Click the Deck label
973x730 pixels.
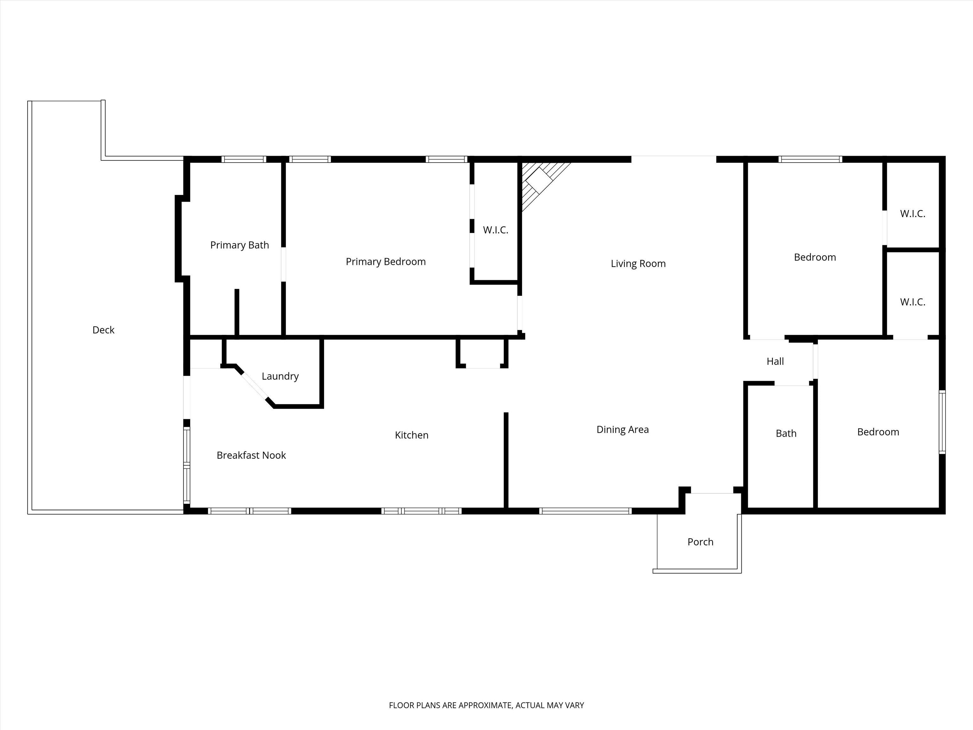[x=103, y=330]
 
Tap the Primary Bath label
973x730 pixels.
[x=239, y=245]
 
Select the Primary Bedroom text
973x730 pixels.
[x=385, y=262]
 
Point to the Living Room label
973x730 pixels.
[x=638, y=264]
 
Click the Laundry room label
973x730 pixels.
[x=280, y=376]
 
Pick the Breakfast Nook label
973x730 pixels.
[x=251, y=455]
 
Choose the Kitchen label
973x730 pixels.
[x=412, y=435]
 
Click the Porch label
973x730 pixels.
[x=700, y=542]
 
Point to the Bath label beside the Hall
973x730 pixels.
[x=786, y=434]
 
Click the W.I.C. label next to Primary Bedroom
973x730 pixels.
[x=495, y=230]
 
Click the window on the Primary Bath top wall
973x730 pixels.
[x=244, y=159]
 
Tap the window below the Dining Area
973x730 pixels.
[x=585, y=511]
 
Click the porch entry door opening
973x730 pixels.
[x=712, y=493]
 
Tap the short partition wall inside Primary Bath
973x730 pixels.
[x=237, y=312]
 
